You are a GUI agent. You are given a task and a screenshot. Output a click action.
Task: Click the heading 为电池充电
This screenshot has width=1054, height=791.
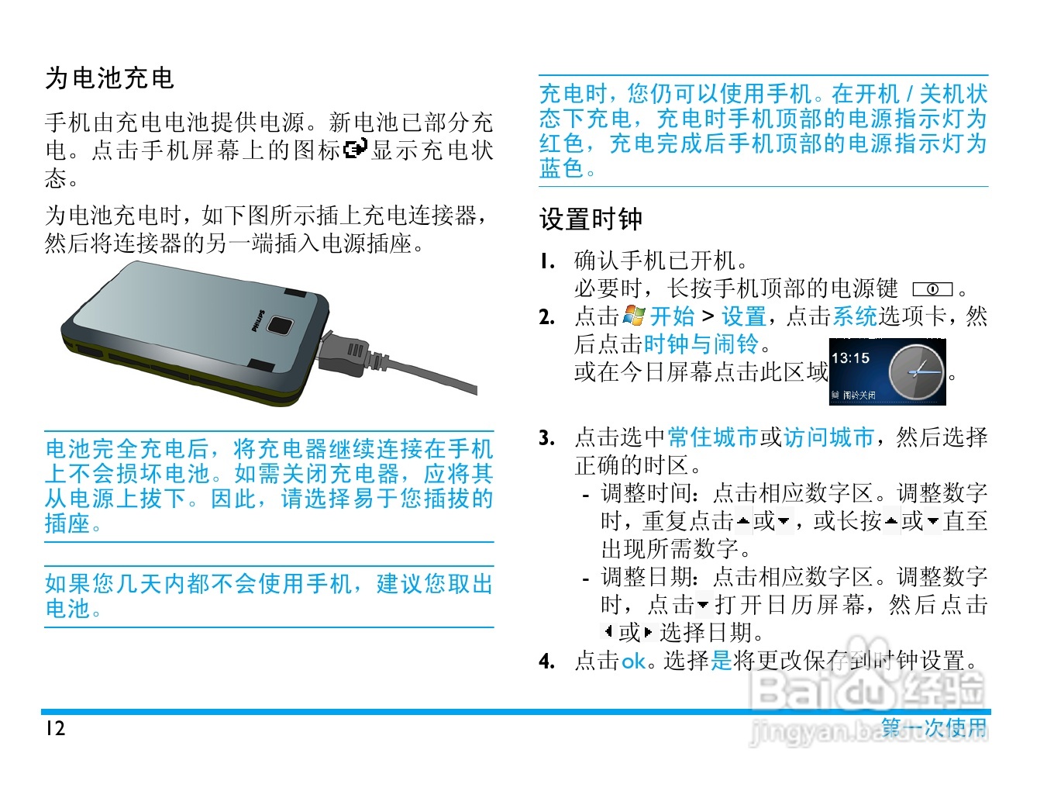(109, 78)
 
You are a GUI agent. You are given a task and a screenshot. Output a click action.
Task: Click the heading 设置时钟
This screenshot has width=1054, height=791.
(591, 219)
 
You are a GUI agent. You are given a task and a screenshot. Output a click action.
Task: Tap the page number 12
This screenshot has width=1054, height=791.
(55, 728)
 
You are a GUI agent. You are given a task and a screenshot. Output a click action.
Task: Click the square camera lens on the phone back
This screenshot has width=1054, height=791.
(279, 325)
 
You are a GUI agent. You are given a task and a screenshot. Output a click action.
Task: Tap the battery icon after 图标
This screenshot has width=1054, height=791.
(355, 148)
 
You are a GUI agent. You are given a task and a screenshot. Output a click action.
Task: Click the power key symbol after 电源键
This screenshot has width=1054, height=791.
(932, 289)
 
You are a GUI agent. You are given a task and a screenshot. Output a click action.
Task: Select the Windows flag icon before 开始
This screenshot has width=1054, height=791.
(633, 315)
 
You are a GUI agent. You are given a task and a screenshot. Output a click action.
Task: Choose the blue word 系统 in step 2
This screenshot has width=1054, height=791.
(855, 316)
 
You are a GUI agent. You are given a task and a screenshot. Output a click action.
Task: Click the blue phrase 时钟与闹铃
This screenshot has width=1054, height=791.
(701, 344)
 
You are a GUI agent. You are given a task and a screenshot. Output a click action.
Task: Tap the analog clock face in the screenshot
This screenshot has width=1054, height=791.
(916, 372)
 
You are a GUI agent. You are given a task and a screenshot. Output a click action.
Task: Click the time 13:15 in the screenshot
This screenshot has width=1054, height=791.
(850, 358)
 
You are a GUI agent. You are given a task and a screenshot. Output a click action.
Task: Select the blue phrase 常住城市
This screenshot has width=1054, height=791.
(712, 437)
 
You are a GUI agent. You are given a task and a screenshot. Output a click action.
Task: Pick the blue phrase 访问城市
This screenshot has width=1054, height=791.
(828, 437)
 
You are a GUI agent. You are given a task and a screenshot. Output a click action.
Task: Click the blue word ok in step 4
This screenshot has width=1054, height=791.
(633, 661)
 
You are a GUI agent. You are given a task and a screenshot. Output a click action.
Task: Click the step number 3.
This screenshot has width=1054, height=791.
(546, 438)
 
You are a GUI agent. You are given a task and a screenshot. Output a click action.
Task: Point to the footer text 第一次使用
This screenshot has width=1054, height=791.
(934, 727)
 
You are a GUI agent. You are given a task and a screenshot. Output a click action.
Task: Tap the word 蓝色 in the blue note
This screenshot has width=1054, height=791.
(561, 168)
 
